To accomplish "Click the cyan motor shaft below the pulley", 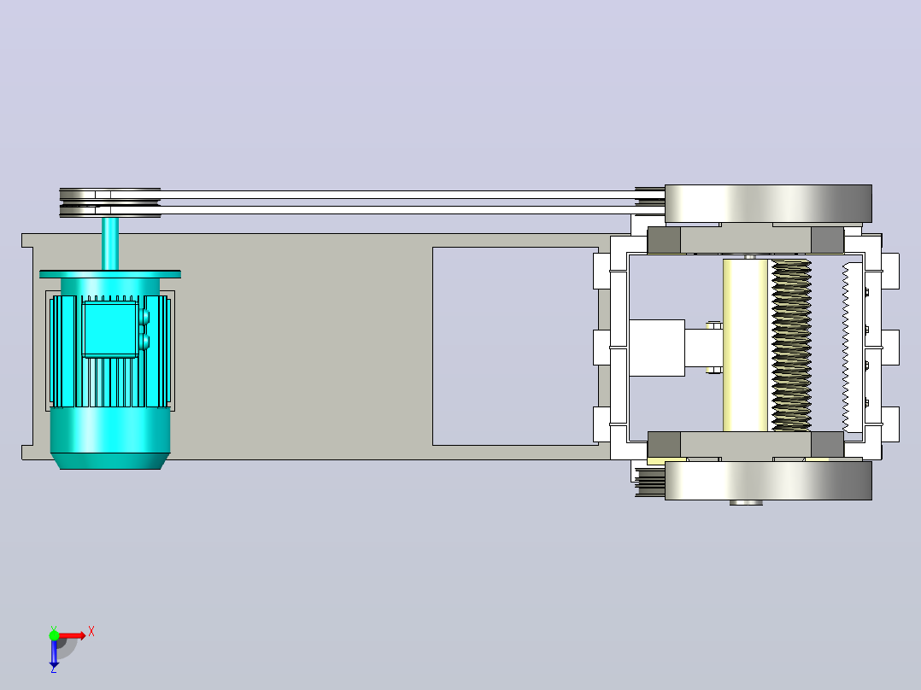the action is coord(110,243).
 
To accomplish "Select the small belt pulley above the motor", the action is coord(110,202).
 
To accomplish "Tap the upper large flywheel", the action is coord(768,204).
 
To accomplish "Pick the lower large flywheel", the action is coord(768,481).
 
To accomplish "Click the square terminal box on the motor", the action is coord(110,329).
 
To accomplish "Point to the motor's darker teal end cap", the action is coord(110,438).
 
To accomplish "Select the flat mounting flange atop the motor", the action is coord(110,274).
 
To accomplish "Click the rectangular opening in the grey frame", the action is coord(515,346).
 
